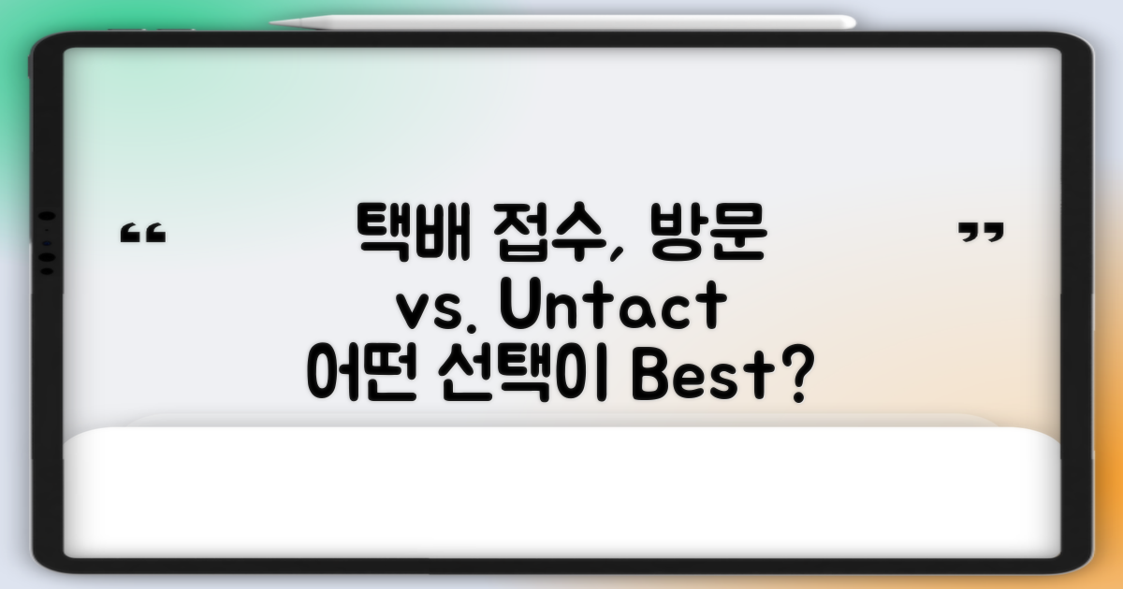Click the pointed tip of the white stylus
tap(273, 21)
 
